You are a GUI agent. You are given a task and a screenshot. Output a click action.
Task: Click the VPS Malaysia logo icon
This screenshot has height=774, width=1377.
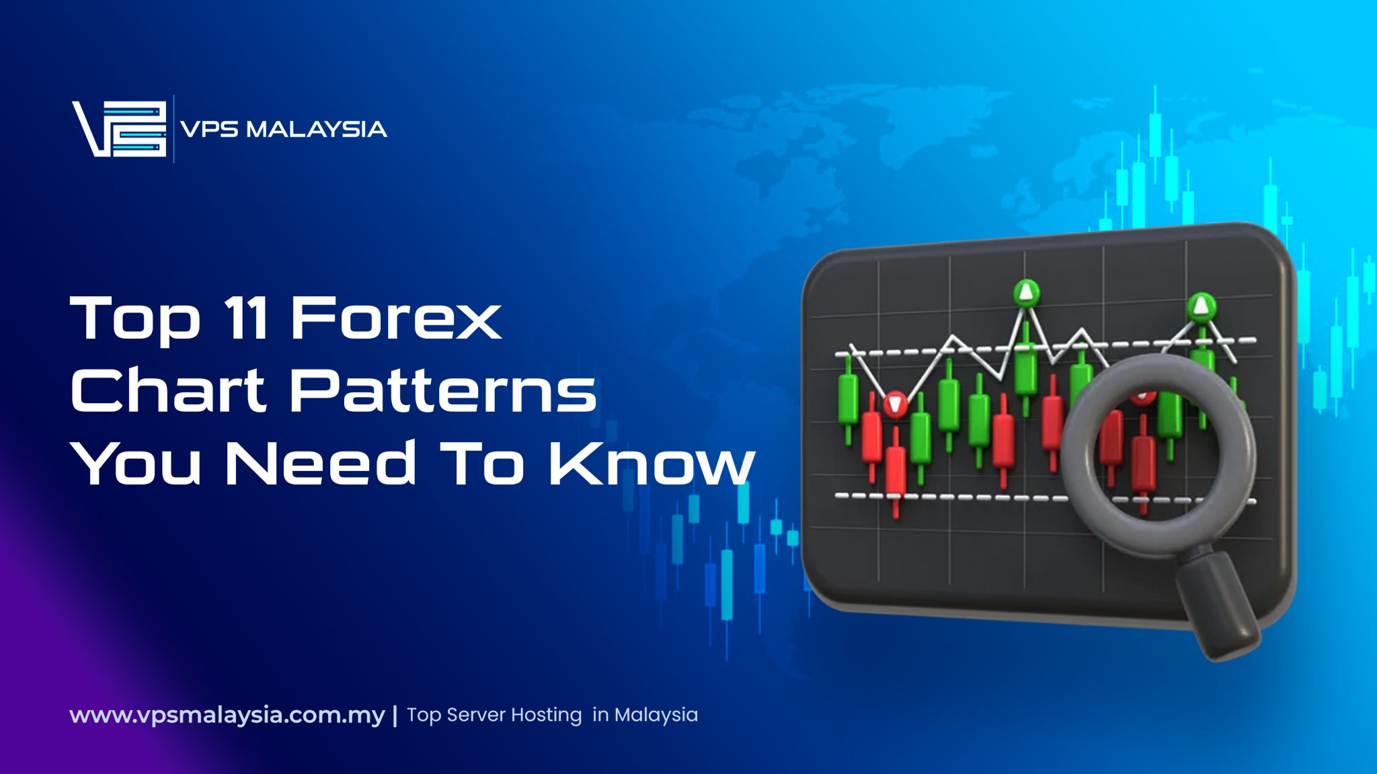[120, 128]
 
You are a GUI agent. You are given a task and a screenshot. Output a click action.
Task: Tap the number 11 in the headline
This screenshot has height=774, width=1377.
[246, 318]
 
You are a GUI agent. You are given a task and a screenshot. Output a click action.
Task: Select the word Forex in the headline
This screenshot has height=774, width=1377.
[395, 318]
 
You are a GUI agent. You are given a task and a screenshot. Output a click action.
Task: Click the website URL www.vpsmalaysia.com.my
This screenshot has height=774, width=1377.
[227, 715]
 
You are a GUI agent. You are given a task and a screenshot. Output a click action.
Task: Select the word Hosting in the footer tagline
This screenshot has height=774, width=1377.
[546, 715]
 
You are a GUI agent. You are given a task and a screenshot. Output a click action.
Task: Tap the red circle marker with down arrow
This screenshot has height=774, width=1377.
[895, 404]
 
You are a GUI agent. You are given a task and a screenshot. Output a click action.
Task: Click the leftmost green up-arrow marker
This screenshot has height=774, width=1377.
[1026, 292]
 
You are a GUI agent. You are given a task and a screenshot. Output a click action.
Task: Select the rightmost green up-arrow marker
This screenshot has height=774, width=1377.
[1201, 306]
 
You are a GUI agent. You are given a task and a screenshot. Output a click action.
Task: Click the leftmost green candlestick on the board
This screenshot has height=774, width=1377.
[848, 400]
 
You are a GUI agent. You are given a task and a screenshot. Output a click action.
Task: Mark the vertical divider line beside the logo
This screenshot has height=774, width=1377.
[174, 128]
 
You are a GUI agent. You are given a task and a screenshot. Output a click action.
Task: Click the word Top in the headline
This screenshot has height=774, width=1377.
[135, 319]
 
